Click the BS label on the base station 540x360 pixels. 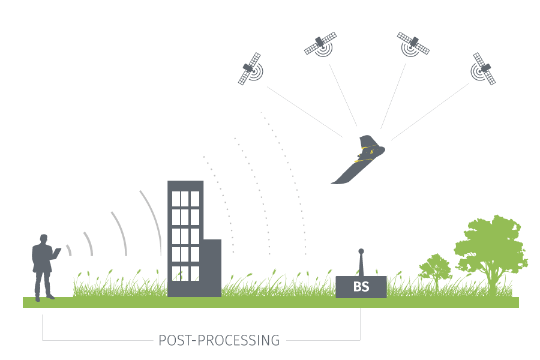pyautogui.click(x=361, y=287)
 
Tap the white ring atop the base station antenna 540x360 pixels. pyautogui.click(x=361, y=251)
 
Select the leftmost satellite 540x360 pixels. pyautogui.click(x=251, y=68)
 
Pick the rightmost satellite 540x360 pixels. pyautogui.click(x=484, y=68)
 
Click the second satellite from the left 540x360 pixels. pyautogui.click(x=320, y=44)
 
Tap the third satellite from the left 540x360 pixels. pyautogui.click(x=413, y=44)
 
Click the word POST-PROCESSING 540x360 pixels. pyautogui.click(x=219, y=341)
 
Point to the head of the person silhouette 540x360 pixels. pyautogui.click(x=43, y=238)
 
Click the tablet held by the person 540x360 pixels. pyautogui.click(x=58, y=253)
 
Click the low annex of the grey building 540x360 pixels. pyautogui.click(x=213, y=267)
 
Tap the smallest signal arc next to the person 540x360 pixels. pyautogui.click(x=69, y=250)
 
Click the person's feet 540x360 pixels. pyautogui.click(x=43, y=296)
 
